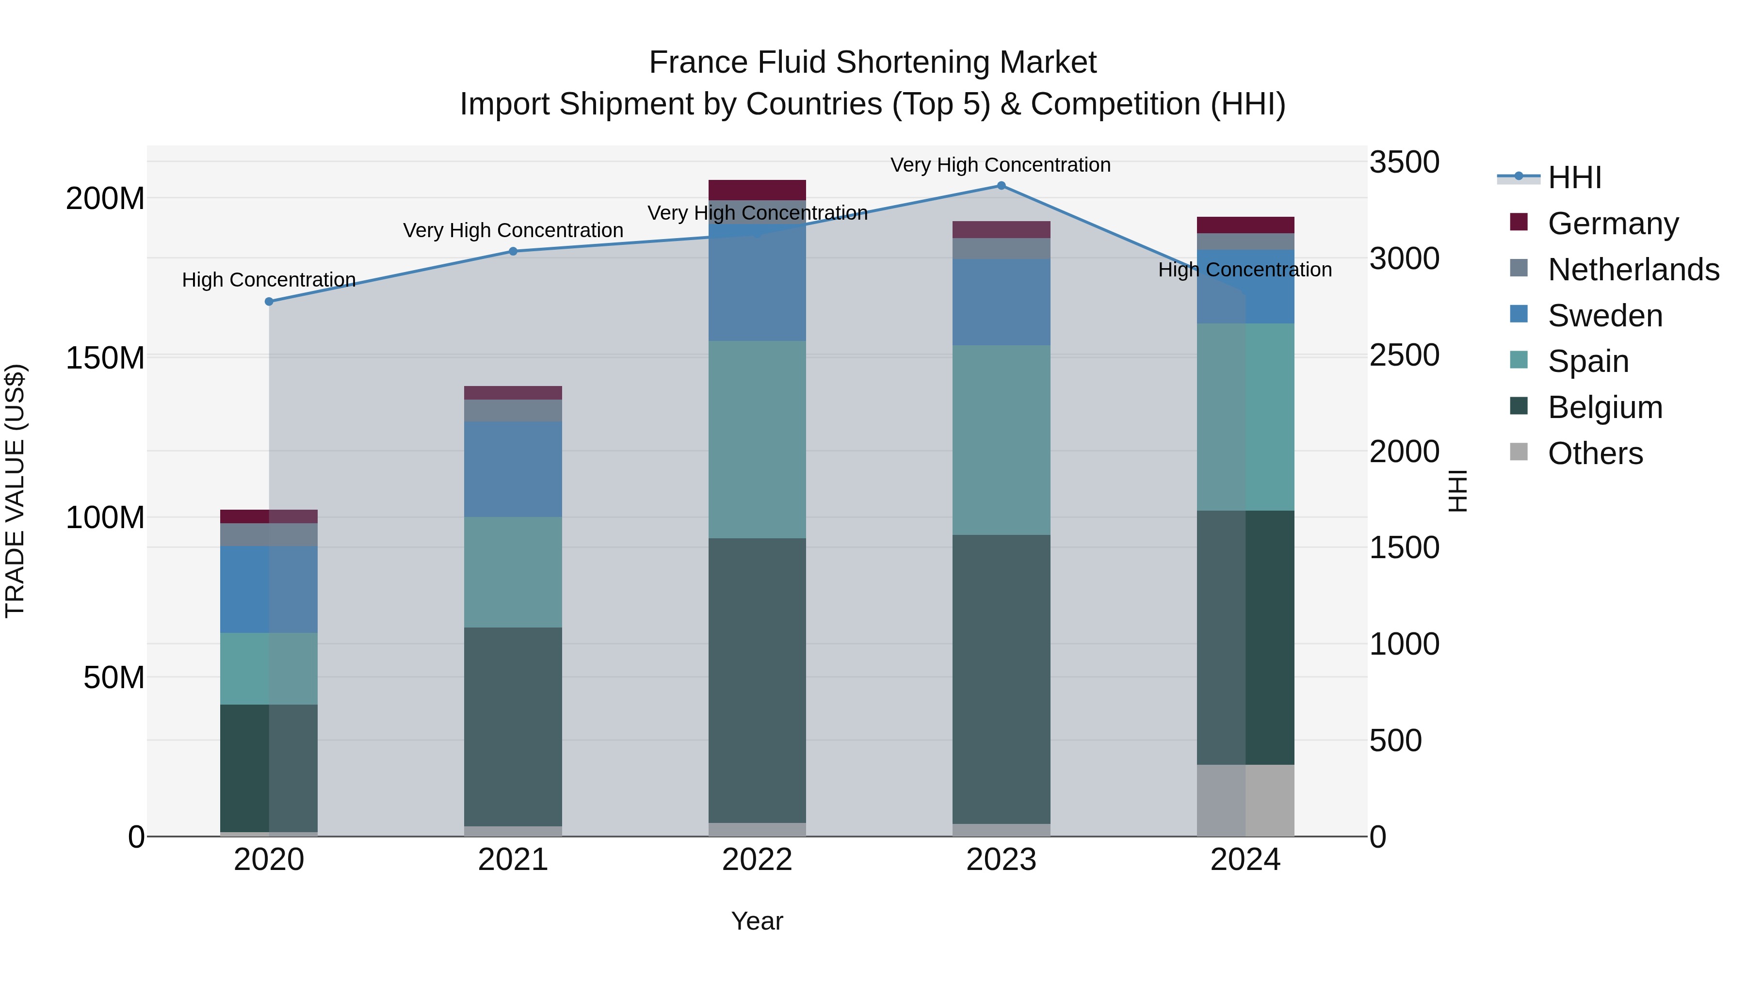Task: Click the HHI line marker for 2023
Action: coord(1001,186)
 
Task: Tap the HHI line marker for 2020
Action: coord(269,302)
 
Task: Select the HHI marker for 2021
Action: coord(513,251)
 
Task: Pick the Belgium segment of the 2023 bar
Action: coord(1001,679)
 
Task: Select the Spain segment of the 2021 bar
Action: coord(513,572)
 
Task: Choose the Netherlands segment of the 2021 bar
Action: coord(513,411)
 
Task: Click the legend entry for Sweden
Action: coord(1605,316)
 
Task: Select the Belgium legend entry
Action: coord(1605,407)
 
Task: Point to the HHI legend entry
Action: coord(1574,177)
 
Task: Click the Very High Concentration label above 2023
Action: coord(1001,165)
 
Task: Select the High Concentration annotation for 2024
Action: coord(1245,270)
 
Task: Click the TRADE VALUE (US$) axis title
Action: coord(15,491)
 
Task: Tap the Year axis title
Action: coord(757,921)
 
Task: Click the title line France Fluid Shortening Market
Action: coord(873,63)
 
